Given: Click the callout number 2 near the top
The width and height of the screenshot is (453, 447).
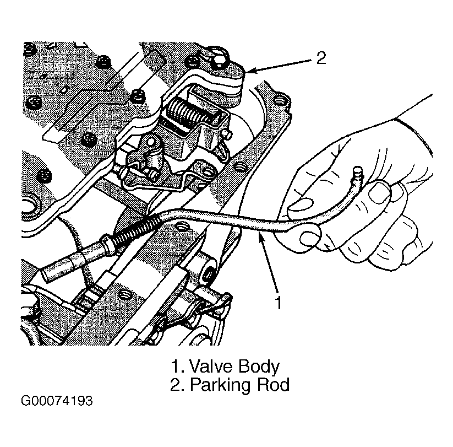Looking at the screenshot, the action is click(x=321, y=58).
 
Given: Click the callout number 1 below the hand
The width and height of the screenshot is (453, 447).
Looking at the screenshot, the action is click(x=278, y=303).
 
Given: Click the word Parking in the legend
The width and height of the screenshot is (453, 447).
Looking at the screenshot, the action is click(x=220, y=386).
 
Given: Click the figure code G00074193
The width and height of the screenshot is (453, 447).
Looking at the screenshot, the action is click(x=57, y=401).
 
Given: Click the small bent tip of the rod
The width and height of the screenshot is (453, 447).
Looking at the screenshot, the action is click(x=357, y=173).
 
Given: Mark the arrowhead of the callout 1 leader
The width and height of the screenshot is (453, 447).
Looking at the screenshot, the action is click(x=261, y=236).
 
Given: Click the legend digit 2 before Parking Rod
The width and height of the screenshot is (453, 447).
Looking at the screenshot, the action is click(x=176, y=385).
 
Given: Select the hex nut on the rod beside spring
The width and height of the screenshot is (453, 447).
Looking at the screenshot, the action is click(x=106, y=245).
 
